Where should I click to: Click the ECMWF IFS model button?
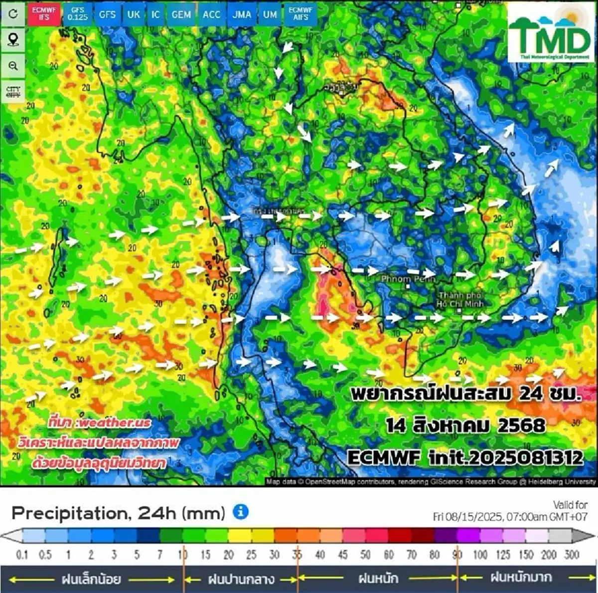pos(44,13)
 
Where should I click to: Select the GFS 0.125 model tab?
pos(77,13)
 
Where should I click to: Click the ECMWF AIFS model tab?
pos(300,13)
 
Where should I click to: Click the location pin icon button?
pos(13,39)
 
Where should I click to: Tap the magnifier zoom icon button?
pos(13,65)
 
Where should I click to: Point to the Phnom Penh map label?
pos(408,279)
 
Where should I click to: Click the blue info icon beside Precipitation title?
pos(241,512)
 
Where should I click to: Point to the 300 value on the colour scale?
pos(571,555)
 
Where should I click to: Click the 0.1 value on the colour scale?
pos(22,555)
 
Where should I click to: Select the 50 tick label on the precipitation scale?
pos(365,555)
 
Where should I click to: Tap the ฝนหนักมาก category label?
pos(521,578)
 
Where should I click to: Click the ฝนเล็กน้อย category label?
pos(91,579)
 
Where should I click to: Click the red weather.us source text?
pos(100,422)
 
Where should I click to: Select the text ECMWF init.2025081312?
pos(464,457)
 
